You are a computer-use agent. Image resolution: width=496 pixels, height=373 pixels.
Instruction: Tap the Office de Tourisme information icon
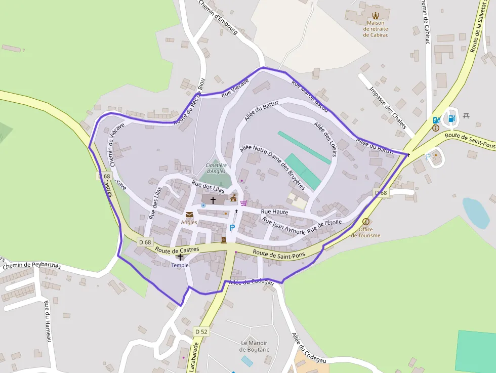coord(366,222)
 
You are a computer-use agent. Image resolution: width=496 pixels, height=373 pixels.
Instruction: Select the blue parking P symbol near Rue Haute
coord(232,228)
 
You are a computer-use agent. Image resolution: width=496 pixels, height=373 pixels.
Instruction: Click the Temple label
coord(180,265)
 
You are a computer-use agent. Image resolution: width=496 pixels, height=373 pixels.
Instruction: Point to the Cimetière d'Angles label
coord(216,169)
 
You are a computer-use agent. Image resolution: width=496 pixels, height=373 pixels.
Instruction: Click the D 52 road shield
coord(201,331)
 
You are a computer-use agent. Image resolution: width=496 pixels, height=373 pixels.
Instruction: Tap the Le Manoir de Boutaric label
coord(254,346)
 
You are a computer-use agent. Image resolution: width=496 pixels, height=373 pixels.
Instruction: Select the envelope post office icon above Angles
coord(189,215)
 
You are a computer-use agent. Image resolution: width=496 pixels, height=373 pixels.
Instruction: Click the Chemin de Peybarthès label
coord(31,266)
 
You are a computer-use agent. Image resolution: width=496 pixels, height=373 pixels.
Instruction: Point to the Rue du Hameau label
coord(48,321)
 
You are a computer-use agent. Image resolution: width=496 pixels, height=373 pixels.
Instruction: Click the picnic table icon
coord(466,115)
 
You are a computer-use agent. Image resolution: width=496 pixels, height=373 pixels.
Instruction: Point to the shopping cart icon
coord(244,203)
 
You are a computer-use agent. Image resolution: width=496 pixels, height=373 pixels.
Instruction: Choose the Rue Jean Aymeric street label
coord(284,226)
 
